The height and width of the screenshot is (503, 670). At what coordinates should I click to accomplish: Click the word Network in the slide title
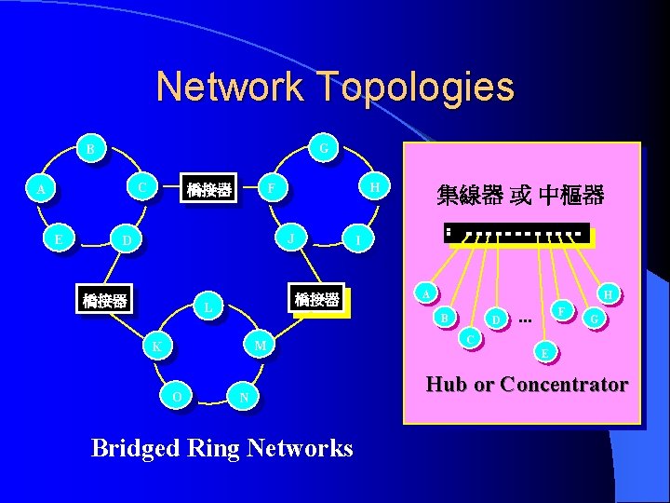[230, 87]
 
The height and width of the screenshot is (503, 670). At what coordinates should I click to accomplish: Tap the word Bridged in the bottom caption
[136, 448]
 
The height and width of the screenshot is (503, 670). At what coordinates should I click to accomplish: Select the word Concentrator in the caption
[564, 384]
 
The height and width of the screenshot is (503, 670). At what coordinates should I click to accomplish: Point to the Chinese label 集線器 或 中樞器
[520, 196]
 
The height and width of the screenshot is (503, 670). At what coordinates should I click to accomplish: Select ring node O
[177, 397]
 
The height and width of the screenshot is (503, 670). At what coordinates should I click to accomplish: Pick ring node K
[158, 347]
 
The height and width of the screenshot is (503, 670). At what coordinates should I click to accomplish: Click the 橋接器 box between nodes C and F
[208, 191]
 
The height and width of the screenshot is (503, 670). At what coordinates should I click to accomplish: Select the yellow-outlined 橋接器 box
[317, 300]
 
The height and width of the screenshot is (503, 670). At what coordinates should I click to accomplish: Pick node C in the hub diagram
[472, 337]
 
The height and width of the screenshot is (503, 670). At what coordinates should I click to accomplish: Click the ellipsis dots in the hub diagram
[526, 321]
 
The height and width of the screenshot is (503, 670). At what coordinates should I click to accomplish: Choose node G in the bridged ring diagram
[322, 148]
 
